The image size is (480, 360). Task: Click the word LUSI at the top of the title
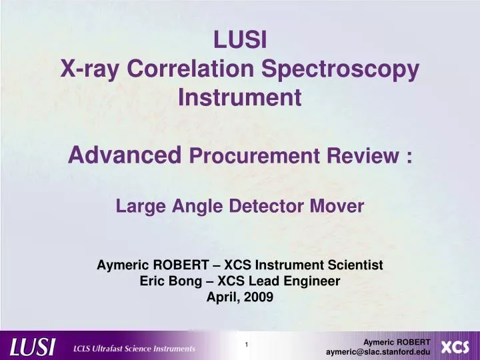tap(240, 41)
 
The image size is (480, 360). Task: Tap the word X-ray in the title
tap(89, 69)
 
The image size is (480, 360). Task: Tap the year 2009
tap(258, 298)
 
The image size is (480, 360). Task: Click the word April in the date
tap(221, 298)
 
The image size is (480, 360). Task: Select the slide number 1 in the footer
tap(247, 345)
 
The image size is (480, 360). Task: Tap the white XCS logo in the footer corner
tap(455, 347)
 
